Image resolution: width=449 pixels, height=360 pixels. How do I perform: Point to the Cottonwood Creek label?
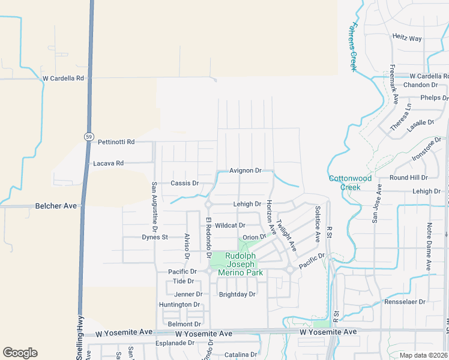[350, 182]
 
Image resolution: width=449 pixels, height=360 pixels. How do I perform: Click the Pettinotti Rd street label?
[116, 142]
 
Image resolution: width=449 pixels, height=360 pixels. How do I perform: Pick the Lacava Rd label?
[108, 163]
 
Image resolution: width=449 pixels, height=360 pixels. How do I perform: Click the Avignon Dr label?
[246, 170]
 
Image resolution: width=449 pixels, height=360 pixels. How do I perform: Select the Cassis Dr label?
[184, 183]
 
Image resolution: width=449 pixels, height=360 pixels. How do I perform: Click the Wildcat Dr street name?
[230, 226]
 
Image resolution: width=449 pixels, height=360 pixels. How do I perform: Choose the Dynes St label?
[155, 237]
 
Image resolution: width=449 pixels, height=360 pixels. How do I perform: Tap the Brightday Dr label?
[237, 295]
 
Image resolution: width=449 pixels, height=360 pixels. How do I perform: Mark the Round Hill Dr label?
[408, 178]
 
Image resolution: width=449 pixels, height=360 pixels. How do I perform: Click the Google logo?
[20, 353]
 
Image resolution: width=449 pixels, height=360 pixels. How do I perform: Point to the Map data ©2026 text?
[424, 355]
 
